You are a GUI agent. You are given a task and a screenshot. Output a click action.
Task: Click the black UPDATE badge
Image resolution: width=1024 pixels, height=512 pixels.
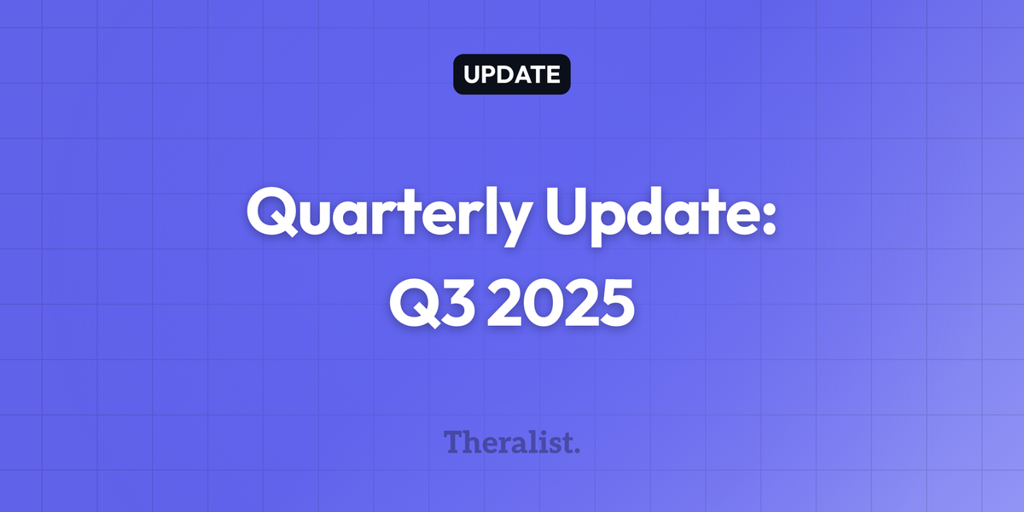coord(511,74)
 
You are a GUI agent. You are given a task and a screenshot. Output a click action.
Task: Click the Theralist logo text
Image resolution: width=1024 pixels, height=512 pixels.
coord(511,442)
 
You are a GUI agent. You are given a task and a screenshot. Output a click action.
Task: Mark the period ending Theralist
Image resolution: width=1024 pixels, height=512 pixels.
coord(576,449)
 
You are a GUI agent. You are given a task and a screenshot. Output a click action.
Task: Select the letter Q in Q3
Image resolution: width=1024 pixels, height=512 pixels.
coord(412,303)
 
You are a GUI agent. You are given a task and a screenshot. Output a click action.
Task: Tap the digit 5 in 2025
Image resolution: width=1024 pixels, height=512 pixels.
coord(614,303)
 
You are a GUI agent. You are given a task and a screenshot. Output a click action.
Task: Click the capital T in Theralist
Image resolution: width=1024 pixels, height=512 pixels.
coord(454,441)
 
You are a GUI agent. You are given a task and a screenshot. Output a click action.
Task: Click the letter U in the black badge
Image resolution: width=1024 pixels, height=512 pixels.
coord(472,74)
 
